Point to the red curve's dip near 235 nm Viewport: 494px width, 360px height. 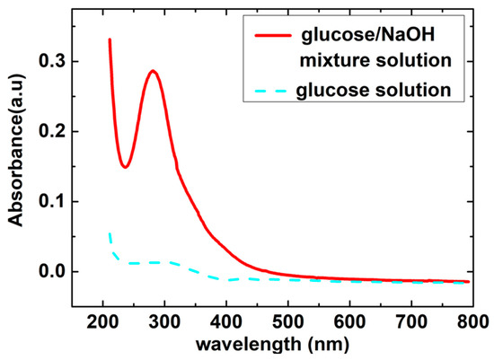pyautogui.click(x=126, y=166)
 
